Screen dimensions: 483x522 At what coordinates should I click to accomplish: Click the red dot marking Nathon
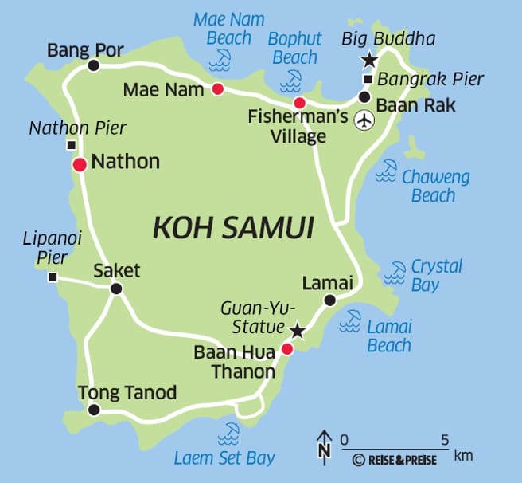80,165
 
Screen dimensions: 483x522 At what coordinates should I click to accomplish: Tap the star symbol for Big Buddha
369,60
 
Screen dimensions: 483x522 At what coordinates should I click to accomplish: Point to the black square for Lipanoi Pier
53,277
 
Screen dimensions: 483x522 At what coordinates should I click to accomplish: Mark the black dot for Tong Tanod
94,410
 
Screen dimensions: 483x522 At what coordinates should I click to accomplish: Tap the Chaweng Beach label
434,186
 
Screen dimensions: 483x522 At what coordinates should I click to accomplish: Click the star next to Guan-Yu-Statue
298,329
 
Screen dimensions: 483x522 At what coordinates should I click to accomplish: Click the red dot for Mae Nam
217,89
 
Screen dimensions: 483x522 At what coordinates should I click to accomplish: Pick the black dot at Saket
116,289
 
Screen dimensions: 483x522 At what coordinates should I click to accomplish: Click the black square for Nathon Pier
72,145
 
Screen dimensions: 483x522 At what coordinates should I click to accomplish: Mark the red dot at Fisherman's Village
299,103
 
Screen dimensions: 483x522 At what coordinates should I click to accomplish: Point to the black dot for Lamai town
329,300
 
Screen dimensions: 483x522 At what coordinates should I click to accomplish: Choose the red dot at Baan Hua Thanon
287,348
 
